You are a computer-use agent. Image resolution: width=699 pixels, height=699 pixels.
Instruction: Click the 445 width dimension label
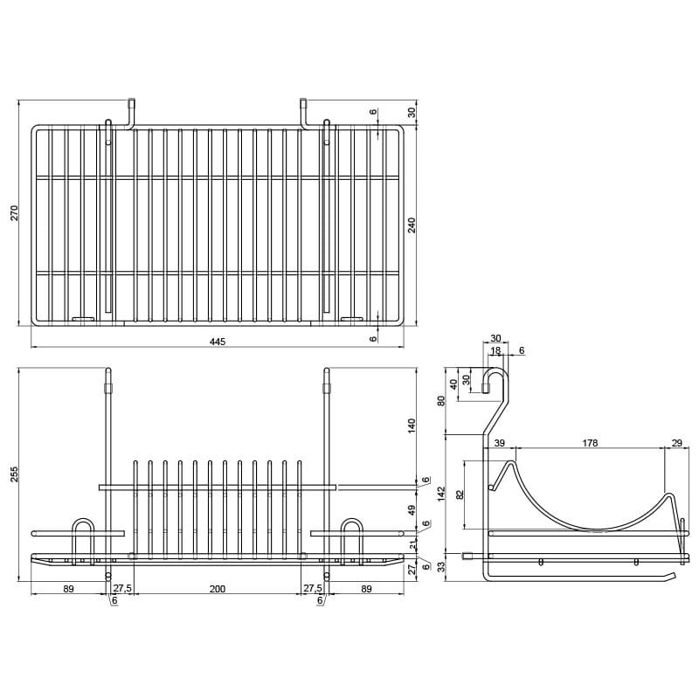218,342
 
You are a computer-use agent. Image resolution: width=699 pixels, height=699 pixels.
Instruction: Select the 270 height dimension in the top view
15,213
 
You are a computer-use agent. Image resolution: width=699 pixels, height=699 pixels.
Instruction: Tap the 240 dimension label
412,225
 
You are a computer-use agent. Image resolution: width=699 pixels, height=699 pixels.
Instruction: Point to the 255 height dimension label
15,474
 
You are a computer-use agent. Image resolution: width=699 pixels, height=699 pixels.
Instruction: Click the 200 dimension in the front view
218,589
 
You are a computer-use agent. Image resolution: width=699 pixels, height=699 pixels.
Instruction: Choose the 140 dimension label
412,426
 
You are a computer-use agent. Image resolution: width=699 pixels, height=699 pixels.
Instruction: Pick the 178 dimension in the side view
590,443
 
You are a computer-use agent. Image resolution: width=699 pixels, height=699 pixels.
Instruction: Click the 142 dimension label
441,494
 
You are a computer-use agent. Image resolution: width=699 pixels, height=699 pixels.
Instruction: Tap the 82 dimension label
460,495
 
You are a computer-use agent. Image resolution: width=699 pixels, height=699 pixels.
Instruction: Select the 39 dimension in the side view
500,443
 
